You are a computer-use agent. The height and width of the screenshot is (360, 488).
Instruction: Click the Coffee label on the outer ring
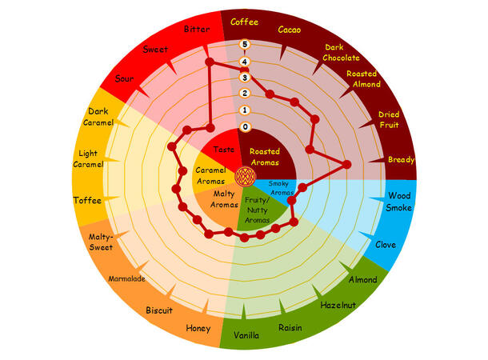pyautogui.click(x=244, y=22)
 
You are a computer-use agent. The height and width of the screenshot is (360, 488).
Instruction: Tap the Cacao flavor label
pyautogui.click(x=290, y=30)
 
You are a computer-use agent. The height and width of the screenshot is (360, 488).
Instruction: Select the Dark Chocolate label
pyautogui.click(x=342, y=52)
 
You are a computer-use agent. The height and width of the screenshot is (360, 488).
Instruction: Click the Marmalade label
pyautogui.click(x=126, y=278)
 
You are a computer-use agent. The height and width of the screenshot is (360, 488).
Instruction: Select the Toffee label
pyautogui.click(x=86, y=200)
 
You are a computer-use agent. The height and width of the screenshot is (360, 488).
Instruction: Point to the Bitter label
pyautogui.click(x=197, y=30)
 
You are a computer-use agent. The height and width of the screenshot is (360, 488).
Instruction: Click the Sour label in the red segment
pyautogui.click(x=124, y=78)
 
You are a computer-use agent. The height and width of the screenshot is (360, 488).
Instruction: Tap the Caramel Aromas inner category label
pyautogui.click(x=213, y=174)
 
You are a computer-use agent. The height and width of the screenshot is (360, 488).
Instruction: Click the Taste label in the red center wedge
pyautogui.click(x=223, y=149)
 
